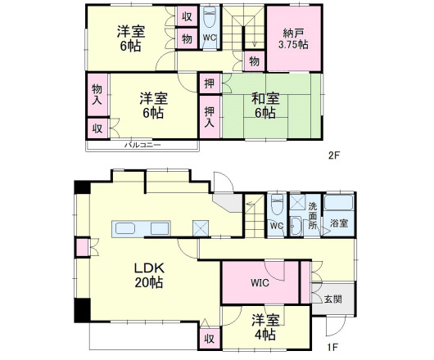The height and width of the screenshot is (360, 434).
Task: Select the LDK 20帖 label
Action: (x=149, y=275)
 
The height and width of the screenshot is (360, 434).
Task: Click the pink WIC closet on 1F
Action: (x=260, y=283)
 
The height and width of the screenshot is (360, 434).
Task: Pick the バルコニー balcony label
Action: (x=142, y=145)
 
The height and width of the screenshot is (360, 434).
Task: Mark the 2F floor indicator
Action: (x=334, y=155)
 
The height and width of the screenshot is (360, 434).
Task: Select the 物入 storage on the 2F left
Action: (x=97, y=94)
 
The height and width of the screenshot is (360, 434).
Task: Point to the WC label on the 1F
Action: (x=277, y=224)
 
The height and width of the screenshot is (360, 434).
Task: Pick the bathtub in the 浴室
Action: (x=339, y=205)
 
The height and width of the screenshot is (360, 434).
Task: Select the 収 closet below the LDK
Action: (x=209, y=338)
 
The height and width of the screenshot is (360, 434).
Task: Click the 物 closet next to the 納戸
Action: (x=254, y=61)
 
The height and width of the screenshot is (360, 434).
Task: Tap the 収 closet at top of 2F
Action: (x=187, y=17)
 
